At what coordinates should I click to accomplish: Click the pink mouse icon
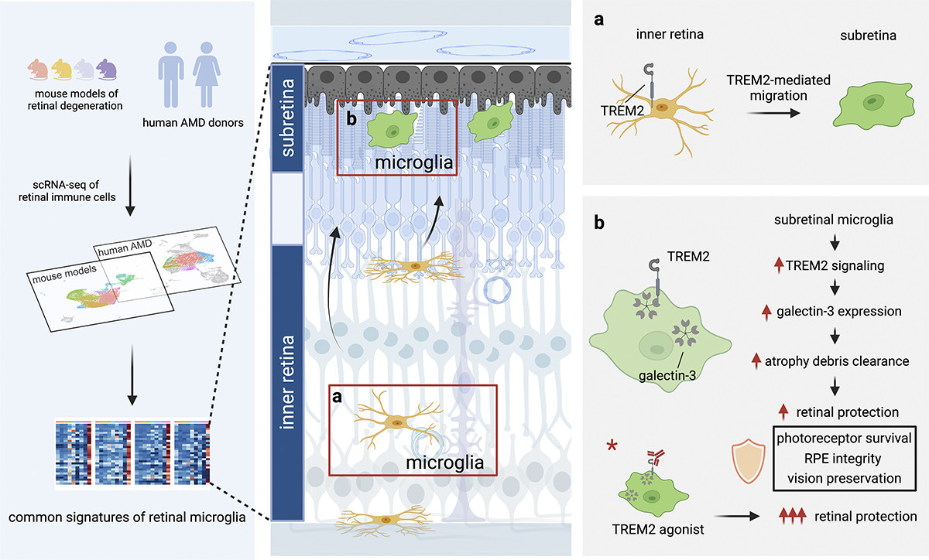pyautogui.click(x=38, y=69)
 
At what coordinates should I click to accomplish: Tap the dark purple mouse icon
pyautogui.click(x=107, y=69)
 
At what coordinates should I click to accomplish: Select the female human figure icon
pyautogui.click(x=207, y=74)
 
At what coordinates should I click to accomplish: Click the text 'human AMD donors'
pyautogui.click(x=193, y=123)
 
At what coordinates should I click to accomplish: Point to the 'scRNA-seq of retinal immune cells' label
pyautogui.click(x=67, y=191)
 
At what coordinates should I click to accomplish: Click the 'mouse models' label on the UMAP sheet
pyautogui.click(x=64, y=274)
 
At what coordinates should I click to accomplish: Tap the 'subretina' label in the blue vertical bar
pyautogui.click(x=287, y=118)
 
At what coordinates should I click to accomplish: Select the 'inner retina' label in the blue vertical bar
pyautogui.click(x=287, y=382)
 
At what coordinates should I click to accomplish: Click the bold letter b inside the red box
pyautogui.click(x=351, y=119)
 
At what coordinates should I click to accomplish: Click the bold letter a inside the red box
pyautogui.click(x=338, y=397)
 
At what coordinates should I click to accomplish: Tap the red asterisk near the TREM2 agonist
pyautogui.click(x=612, y=446)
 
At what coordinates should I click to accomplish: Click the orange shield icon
pyautogui.click(x=748, y=461)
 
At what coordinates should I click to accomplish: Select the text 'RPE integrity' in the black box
pyautogui.click(x=843, y=459)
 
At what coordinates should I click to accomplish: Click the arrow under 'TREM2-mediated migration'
pyautogui.click(x=773, y=113)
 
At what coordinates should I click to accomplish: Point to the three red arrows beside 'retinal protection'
pyautogui.click(x=793, y=516)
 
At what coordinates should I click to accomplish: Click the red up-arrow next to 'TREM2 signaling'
pyautogui.click(x=779, y=265)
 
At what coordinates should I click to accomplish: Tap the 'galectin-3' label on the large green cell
pyautogui.click(x=667, y=376)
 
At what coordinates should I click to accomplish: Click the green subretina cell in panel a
pyautogui.click(x=874, y=105)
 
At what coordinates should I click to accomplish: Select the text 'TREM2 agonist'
pyautogui.click(x=658, y=529)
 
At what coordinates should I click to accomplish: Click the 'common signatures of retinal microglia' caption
pyautogui.click(x=127, y=517)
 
